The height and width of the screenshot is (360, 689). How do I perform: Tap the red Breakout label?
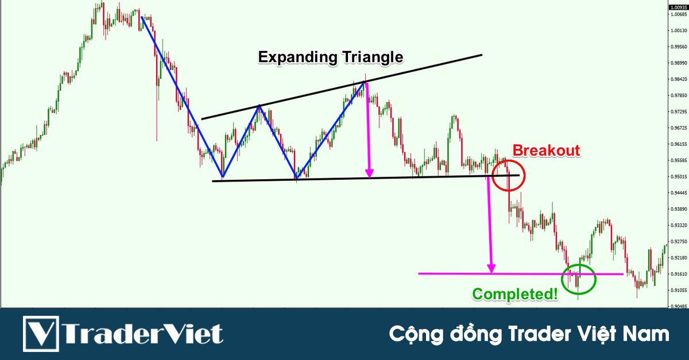tap(546, 151)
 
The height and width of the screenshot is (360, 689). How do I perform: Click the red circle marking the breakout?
tap(508, 175)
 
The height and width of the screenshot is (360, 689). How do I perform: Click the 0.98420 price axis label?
tap(678, 79)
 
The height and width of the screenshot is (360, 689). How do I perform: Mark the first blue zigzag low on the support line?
tap(223, 176)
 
